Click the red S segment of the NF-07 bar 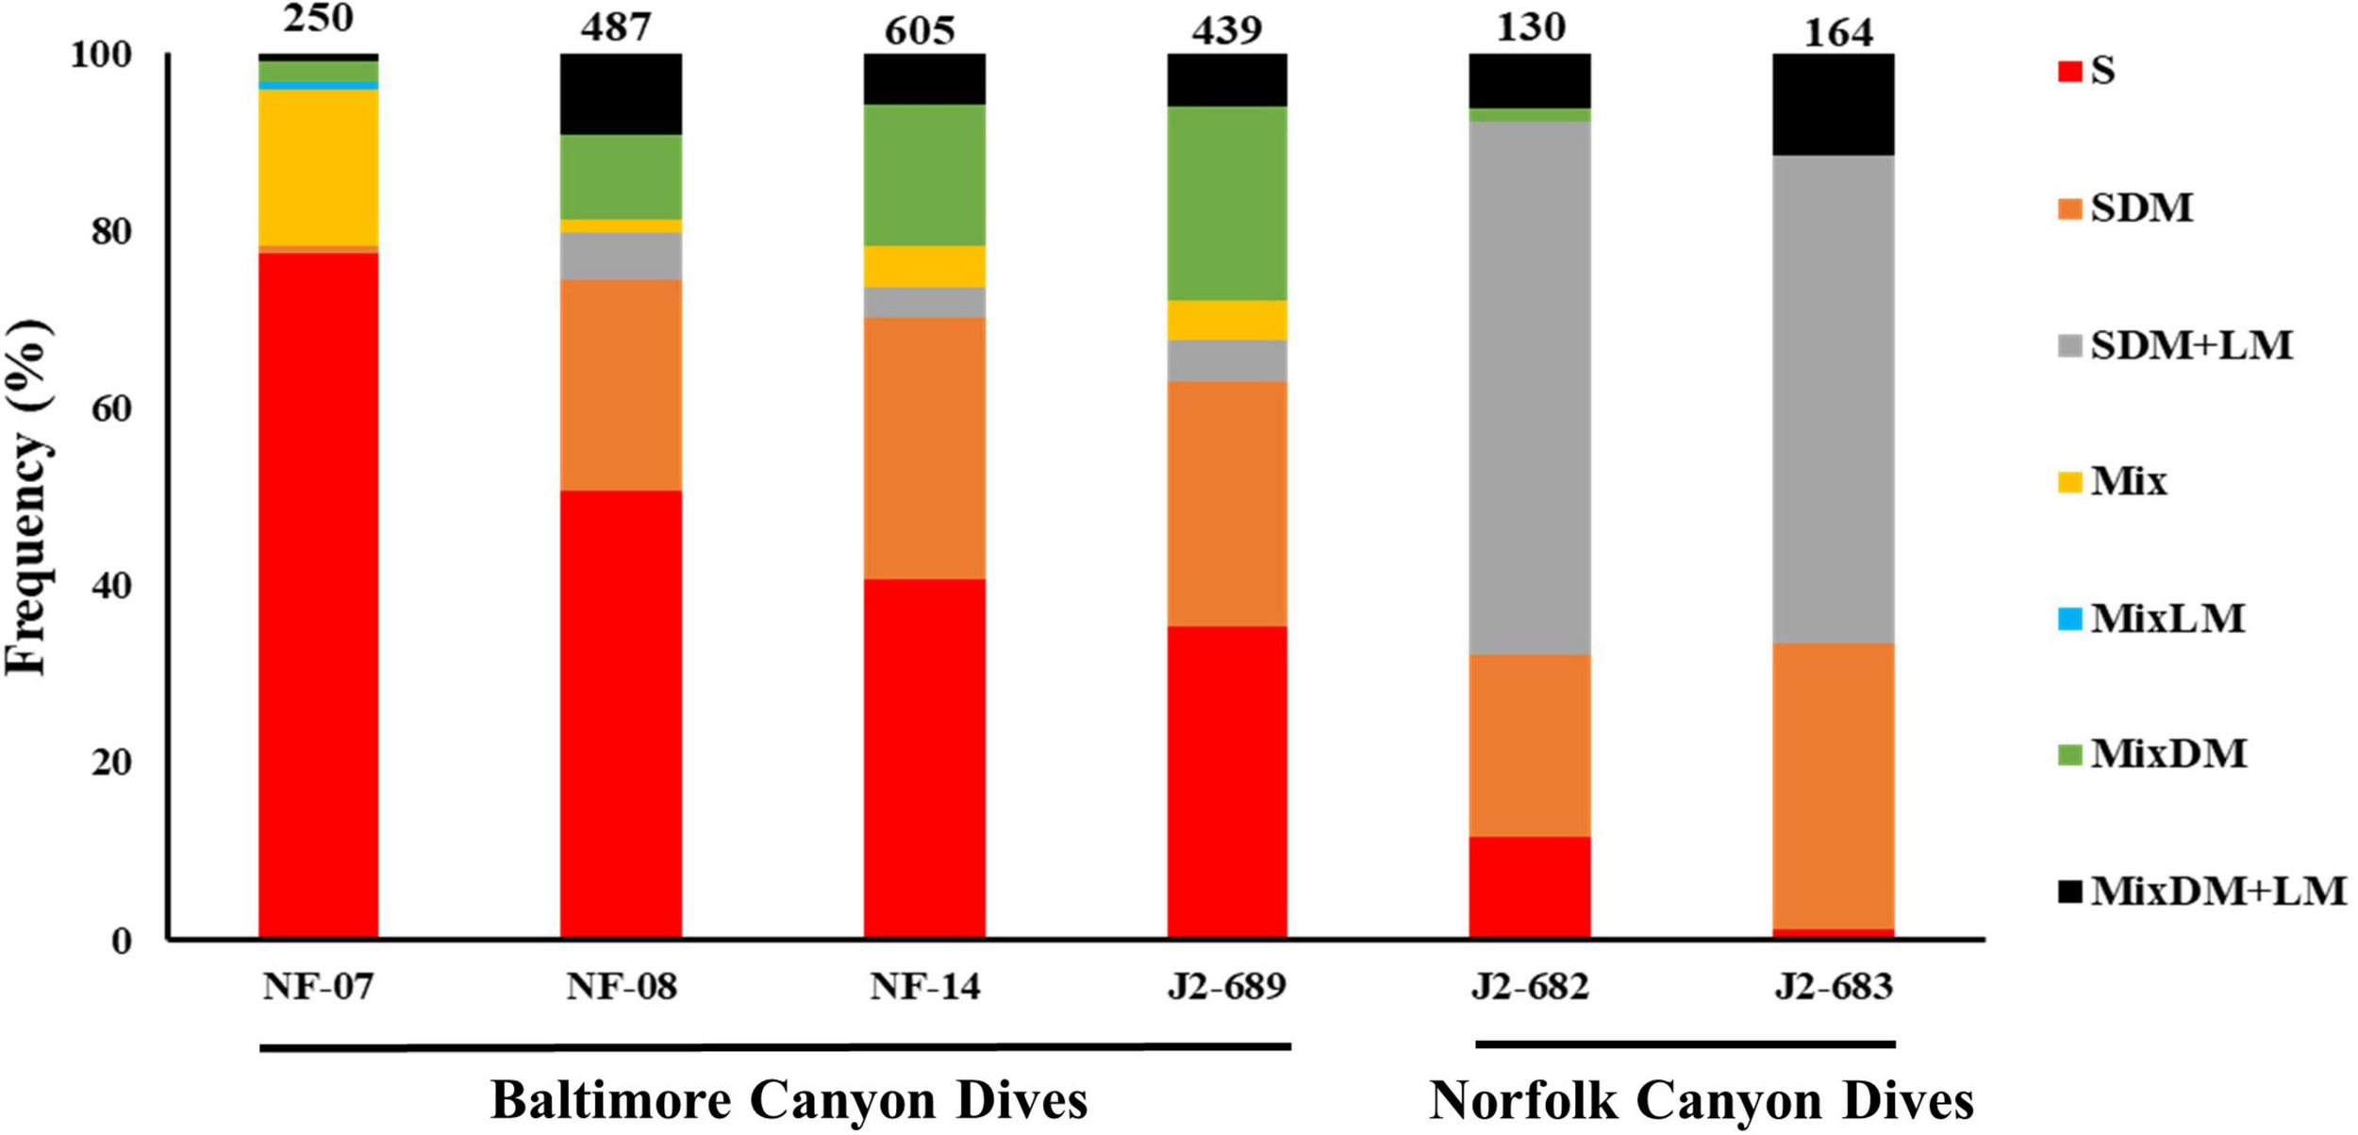[x=318, y=594]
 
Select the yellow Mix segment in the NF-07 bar [x=318, y=167]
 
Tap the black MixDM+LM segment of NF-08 [x=621, y=93]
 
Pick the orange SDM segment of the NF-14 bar [x=924, y=447]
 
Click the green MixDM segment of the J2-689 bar [x=1227, y=203]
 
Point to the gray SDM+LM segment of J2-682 [x=1530, y=387]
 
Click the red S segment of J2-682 [x=1530, y=886]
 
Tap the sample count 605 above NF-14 [x=920, y=30]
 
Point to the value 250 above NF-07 [x=318, y=17]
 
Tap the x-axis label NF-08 [x=621, y=987]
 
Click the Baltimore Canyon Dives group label [x=789, y=1100]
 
